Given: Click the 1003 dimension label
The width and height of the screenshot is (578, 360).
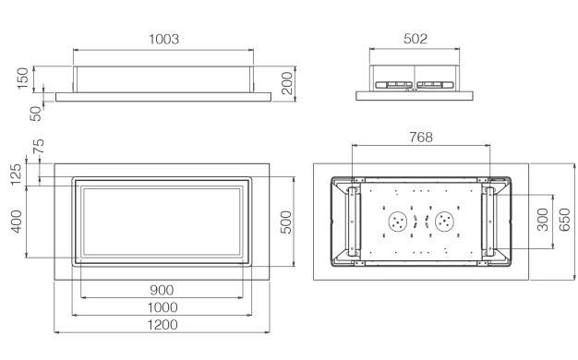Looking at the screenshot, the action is [x=163, y=39].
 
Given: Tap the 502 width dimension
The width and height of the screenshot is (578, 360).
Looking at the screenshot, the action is [x=415, y=39].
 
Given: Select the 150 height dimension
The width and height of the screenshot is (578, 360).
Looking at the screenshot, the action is [x=23, y=78].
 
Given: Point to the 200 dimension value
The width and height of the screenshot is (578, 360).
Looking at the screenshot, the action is [x=287, y=83].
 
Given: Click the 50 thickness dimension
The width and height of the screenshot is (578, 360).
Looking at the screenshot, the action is [x=36, y=114].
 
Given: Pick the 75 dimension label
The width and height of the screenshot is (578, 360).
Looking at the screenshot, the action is [x=39, y=146].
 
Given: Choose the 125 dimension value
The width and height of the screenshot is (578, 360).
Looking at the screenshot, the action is [x=16, y=174].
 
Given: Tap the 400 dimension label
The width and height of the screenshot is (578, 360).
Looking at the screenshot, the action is [x=17, y=222].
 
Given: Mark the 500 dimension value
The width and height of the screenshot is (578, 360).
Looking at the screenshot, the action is [x=286, y=222].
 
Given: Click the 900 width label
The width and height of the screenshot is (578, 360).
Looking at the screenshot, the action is [x=162, y=291].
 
